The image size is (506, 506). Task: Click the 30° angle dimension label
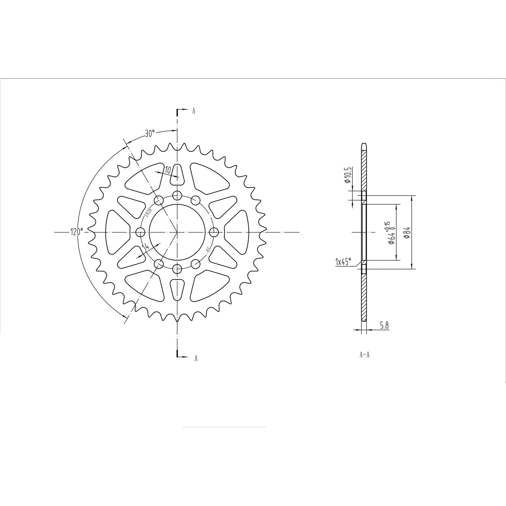tap(150, 133)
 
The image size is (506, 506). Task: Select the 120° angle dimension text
tap(77, 232)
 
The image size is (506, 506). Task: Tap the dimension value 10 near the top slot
tap(168, 170)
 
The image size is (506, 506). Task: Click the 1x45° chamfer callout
tap(343, 262)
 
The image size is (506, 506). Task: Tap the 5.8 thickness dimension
tap(384, 325)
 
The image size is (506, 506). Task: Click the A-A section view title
tap(364, 355)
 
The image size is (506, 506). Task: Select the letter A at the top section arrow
tap(194, 111)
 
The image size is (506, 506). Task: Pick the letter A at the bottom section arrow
tap(196, 358)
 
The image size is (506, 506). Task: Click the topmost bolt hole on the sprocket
tap(177, 195)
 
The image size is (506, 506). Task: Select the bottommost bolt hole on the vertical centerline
tap(177, 269)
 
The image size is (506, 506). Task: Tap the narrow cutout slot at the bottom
tap(177, 289)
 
